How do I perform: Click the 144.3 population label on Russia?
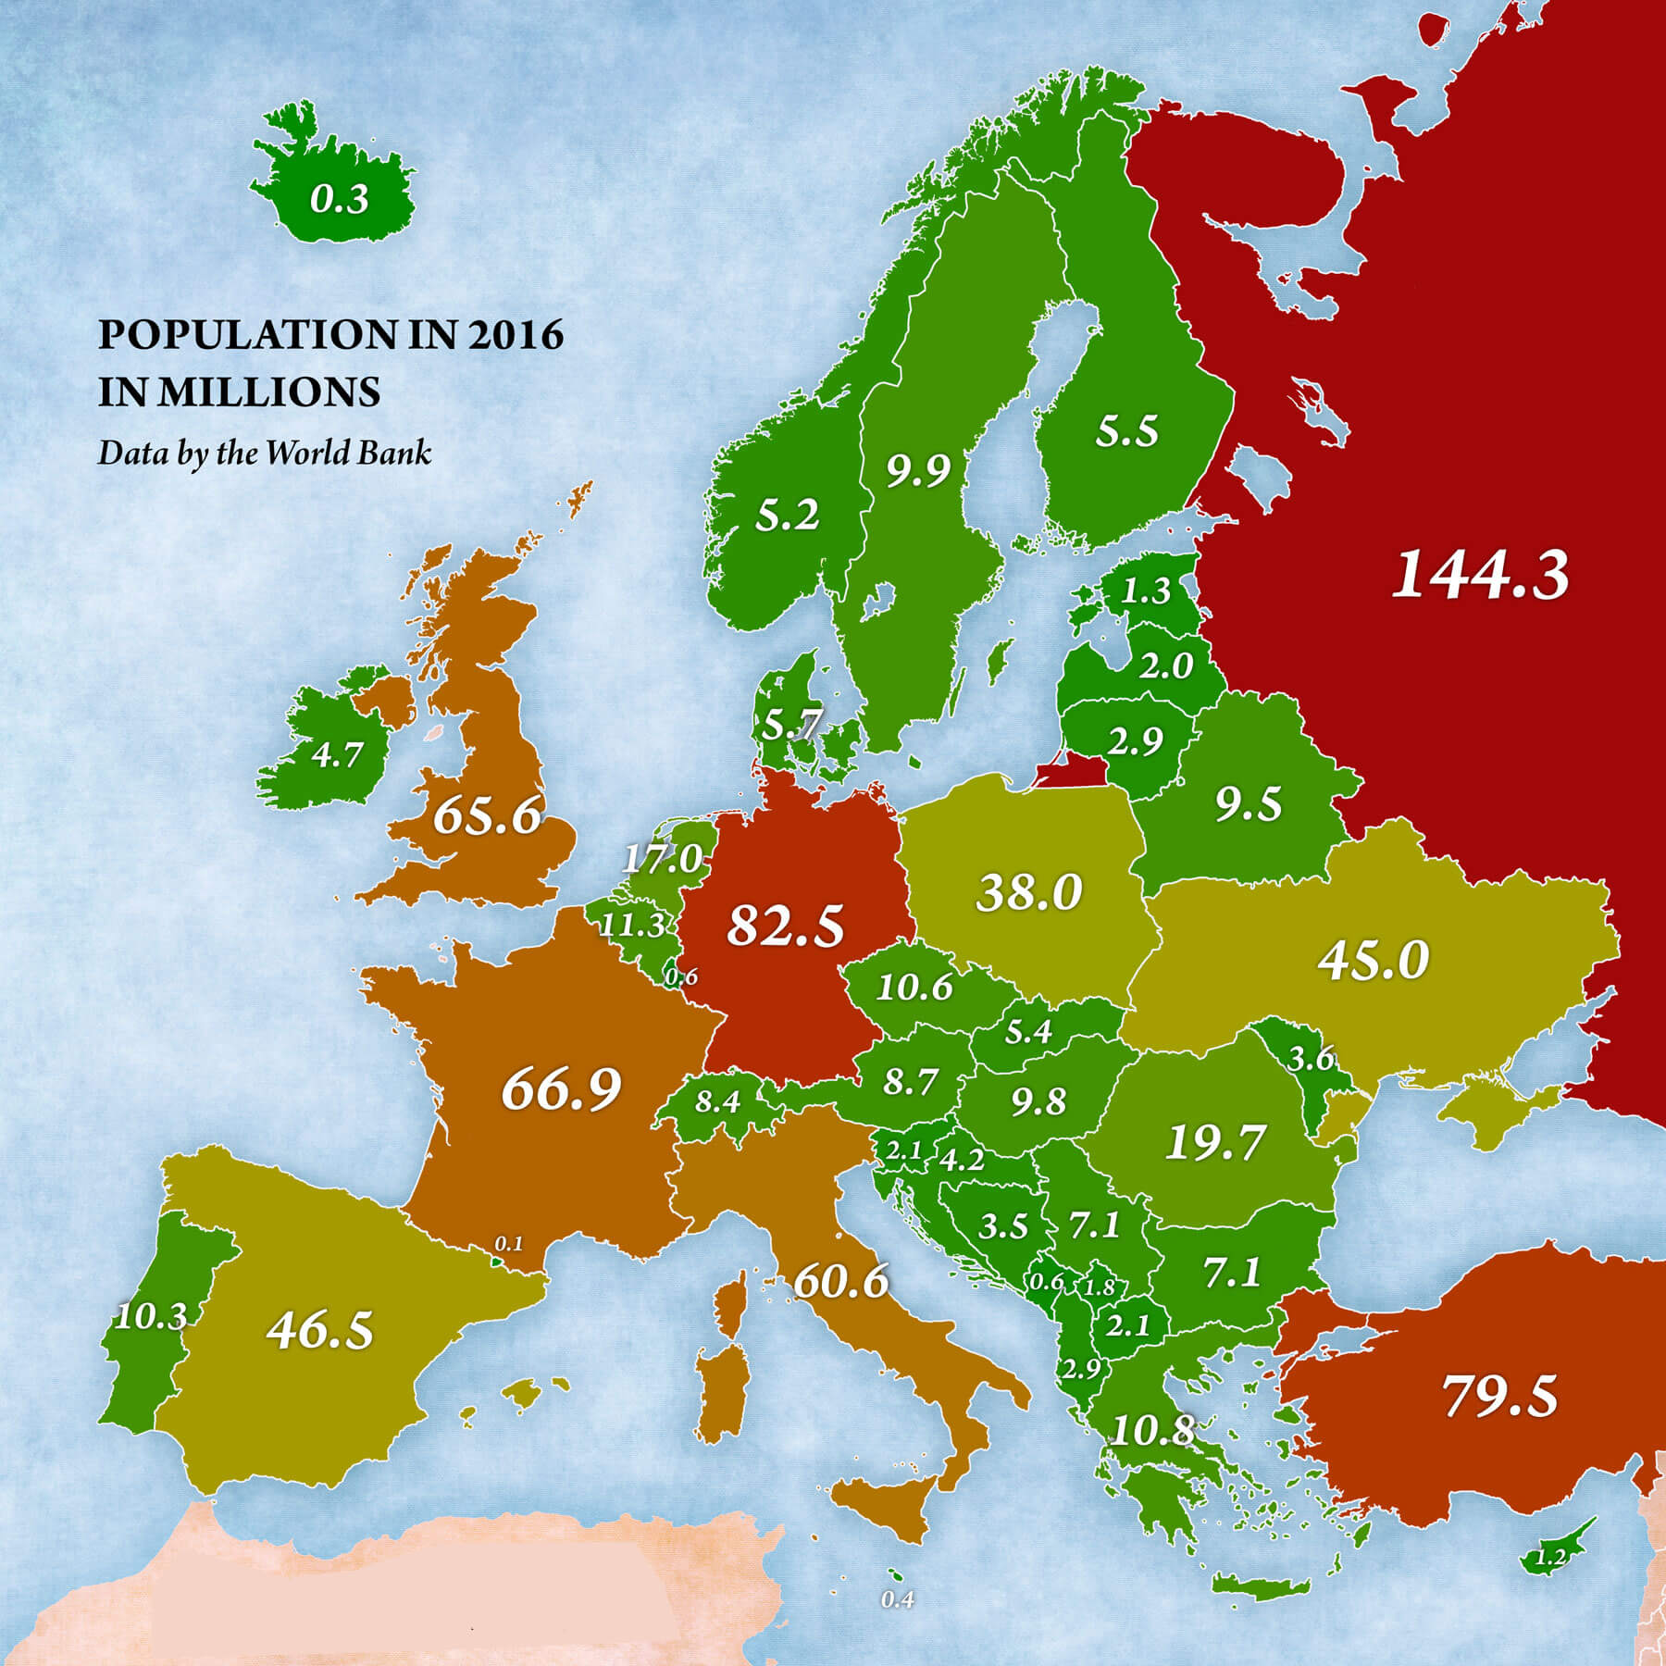click(x=1480, y=575)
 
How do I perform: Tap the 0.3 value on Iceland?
click(x=339, y=199)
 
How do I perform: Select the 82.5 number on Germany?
click(x=785, y=925)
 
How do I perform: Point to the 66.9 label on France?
click(x=561, y=1088)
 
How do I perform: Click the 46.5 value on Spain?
click(x=320, y=1330)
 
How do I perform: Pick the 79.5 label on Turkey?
click(x=1499, y=1396)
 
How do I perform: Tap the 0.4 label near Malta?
click(x=897, y=1599)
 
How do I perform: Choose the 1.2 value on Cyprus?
click(x=1550, y=1557)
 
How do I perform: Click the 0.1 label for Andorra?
click(x=509, y=1243)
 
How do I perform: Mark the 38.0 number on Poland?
click(x=1028, y=893)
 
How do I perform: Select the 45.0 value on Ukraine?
click(x=1374, y=960)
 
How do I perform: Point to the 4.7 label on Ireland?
click(x=336, y=755)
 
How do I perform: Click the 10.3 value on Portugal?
click(x=151, y=1316)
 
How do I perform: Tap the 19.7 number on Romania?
click(x=1214, y=1142)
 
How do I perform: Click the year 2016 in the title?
click(x=516, y=334)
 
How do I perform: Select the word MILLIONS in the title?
click(x=268, y=392)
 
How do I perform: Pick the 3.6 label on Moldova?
click(x=1312, y=1058)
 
